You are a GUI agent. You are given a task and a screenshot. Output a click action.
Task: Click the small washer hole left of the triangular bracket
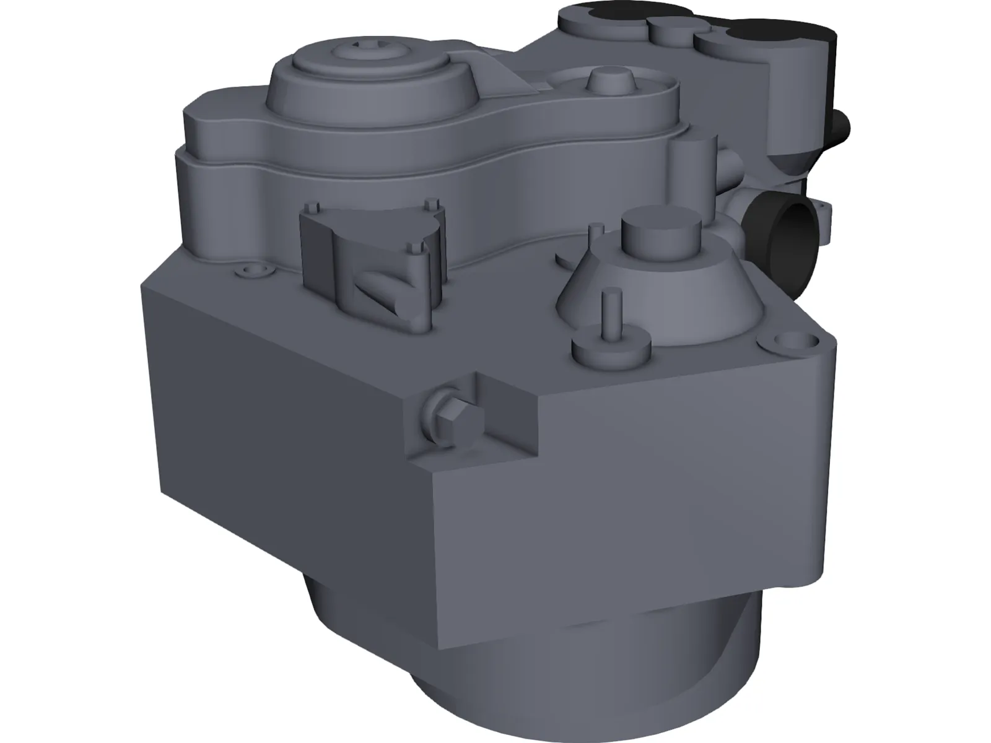pos(253,271)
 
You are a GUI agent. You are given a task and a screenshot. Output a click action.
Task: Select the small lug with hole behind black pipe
pos(824,214)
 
